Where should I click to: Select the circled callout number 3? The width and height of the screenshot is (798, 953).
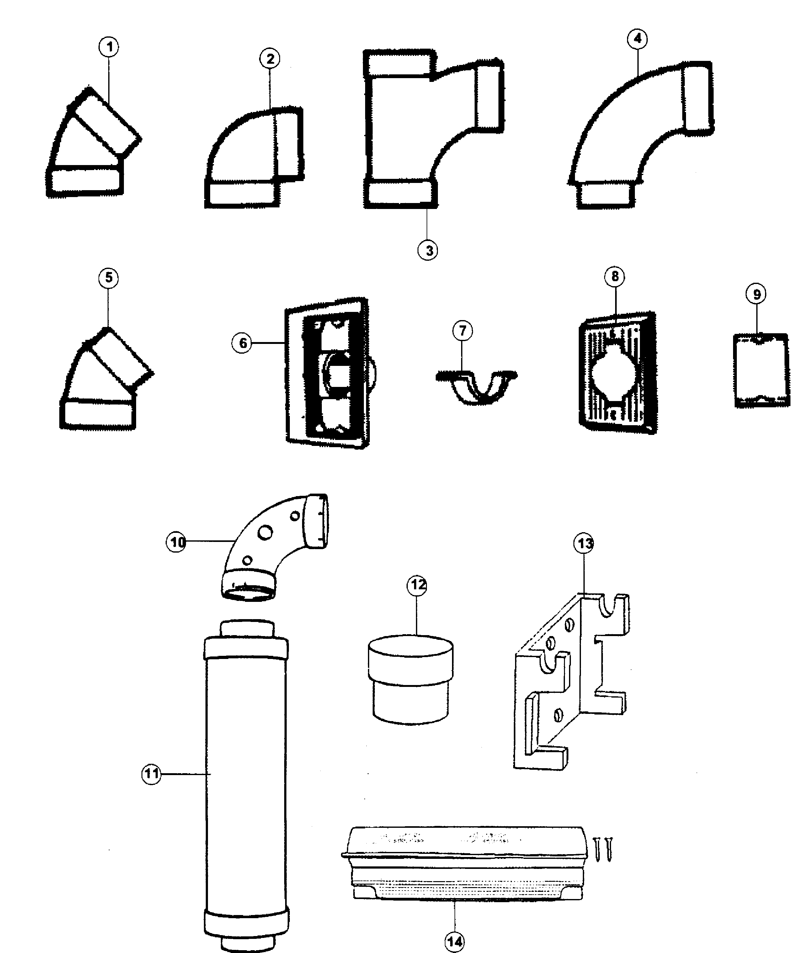(x=428, y=250)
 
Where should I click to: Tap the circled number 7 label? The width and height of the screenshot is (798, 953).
(x=462, y=330)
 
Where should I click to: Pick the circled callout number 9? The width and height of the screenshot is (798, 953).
(x=756, y=295)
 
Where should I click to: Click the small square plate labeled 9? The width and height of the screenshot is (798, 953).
(x=761, y=371)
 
